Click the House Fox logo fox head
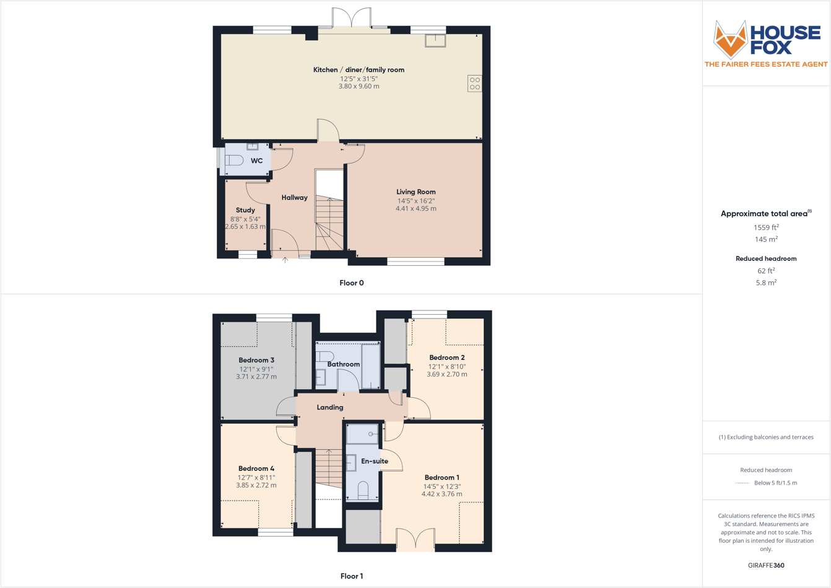(x=731, y=39)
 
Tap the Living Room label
(x=416, y=192)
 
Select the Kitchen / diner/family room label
(x=359, y=70)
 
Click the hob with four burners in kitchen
(x=475, y=84)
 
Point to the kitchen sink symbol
(x=435, y=40)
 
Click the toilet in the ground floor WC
(x=234, y=160)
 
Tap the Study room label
(x=245, y=210)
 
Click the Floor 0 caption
(x=352, y=283)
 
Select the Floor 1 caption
(x=352, y=576)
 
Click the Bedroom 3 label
(x=256, y=360)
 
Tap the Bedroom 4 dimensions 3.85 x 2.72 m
(x=256, y=485)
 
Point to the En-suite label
(x=375, y=461)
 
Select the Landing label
(x=330, y=407)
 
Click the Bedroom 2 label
(x=447, y=358)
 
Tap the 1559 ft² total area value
(x=766, y=227)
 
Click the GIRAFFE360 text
(x=766, y=565)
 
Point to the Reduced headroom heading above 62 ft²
(x=766, y=258)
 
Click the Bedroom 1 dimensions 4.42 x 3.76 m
(x=442, y=494)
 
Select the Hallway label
(x=295, y=198)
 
